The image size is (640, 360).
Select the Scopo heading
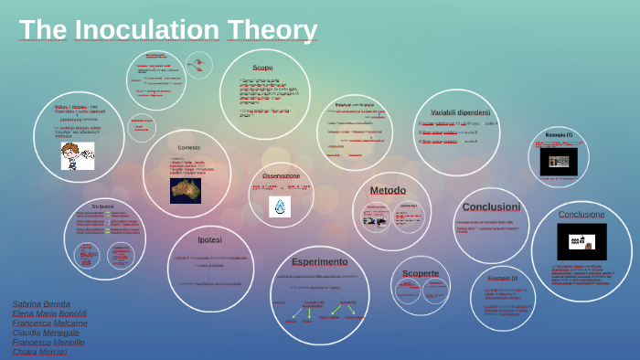(x=262, y=68)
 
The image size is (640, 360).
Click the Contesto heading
(x=188, y=147)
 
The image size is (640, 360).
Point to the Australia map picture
(x=186, y=189)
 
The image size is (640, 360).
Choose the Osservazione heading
(x=281, y=175)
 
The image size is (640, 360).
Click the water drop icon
(x=280, y=206)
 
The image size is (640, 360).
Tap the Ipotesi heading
(x=209, y=239)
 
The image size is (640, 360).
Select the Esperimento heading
(x=320, y=261)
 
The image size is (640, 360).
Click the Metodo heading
(x=388, y=190)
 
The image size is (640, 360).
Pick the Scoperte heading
(x=421, y=272)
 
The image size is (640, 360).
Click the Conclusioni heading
(x=491, y=206)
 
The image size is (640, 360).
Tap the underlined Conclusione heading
(x=581, y=214)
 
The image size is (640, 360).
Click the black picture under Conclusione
(x=581, y=241)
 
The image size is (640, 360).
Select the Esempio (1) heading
(x=559, y=134)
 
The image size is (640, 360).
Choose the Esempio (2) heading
(x=502, y=277)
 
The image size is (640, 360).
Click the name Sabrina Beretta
(x=41, y=302)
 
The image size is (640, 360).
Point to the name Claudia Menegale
(x=46, y=332)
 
